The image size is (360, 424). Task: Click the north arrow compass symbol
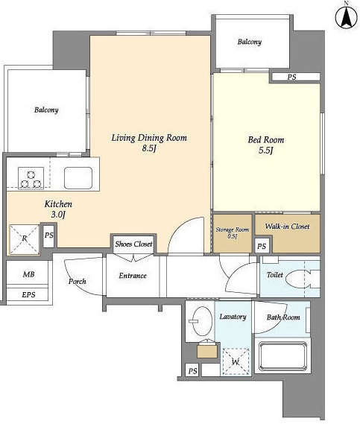(346, 16)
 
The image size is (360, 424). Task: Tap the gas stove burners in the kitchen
(31, 178)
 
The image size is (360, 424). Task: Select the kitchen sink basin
(78, 177)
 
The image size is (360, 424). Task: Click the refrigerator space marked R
(25, 239)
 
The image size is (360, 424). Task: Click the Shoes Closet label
(133, 244)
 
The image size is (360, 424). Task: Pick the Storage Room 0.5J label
(233, 232)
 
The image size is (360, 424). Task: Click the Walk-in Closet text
(287, 227)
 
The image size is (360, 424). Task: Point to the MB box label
(28, 274)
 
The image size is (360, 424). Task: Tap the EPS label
(28, 294)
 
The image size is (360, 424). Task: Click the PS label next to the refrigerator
(49, 235)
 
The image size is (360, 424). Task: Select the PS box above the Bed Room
(296, 77)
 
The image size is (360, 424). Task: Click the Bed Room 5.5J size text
(265, 151)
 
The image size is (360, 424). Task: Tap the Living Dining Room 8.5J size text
(149, 148)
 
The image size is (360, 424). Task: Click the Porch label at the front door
(77, 282)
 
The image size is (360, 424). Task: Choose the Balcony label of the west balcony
(46, 110)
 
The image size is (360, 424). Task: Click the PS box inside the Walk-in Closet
(262, 247)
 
